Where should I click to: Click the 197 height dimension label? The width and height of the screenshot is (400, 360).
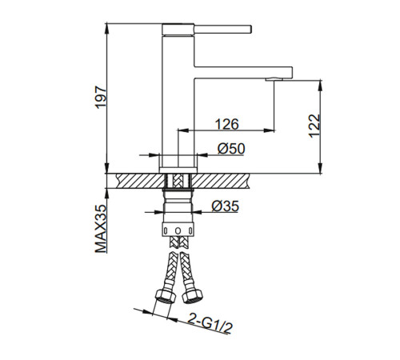(101, 97)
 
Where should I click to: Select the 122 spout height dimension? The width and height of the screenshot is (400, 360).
(314, 126)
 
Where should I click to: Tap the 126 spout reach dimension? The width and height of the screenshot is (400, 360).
(226, 124)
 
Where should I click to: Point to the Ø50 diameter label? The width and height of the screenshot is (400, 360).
(231, 149)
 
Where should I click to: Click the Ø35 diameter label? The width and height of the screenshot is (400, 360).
(226, 206)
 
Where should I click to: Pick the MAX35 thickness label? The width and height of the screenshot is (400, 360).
(101, 229)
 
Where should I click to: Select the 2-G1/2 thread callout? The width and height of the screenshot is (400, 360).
(210, 323)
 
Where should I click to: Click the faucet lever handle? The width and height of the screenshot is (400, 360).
(222, 30)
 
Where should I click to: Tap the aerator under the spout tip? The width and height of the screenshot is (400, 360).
(274, 79)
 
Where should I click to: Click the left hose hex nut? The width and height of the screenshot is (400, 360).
(166, 296)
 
